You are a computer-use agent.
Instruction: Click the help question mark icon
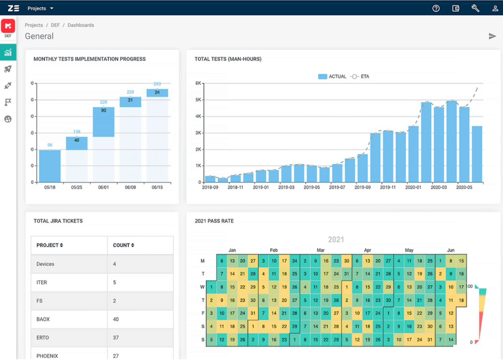tap(436, 8)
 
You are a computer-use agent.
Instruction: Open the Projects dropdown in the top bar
tap(40, 8)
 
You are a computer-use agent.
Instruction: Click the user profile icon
tap(495, 8)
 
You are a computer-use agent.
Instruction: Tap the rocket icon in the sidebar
tap(8, 69)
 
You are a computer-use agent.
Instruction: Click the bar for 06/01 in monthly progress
tap(104, 122)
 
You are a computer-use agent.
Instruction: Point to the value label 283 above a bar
tap(157, 84)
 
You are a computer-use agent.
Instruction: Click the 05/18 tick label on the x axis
tap(49, 187)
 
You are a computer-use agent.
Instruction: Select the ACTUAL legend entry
tap(332, 77)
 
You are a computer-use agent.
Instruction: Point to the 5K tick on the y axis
tap(198, 100)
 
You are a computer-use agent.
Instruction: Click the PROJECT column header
tap(49, 245)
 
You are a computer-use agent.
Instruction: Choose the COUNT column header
tap(124, 245)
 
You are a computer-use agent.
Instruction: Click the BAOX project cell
tap(43, 319)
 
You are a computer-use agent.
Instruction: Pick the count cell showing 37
tap(116, 338)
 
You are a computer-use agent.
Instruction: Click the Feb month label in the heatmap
tap(274, 250)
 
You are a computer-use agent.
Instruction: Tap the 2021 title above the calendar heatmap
tap(336, 240)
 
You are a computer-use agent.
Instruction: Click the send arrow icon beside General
tap(493, 36)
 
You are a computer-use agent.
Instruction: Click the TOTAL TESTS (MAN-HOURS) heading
tap(228, 59)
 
